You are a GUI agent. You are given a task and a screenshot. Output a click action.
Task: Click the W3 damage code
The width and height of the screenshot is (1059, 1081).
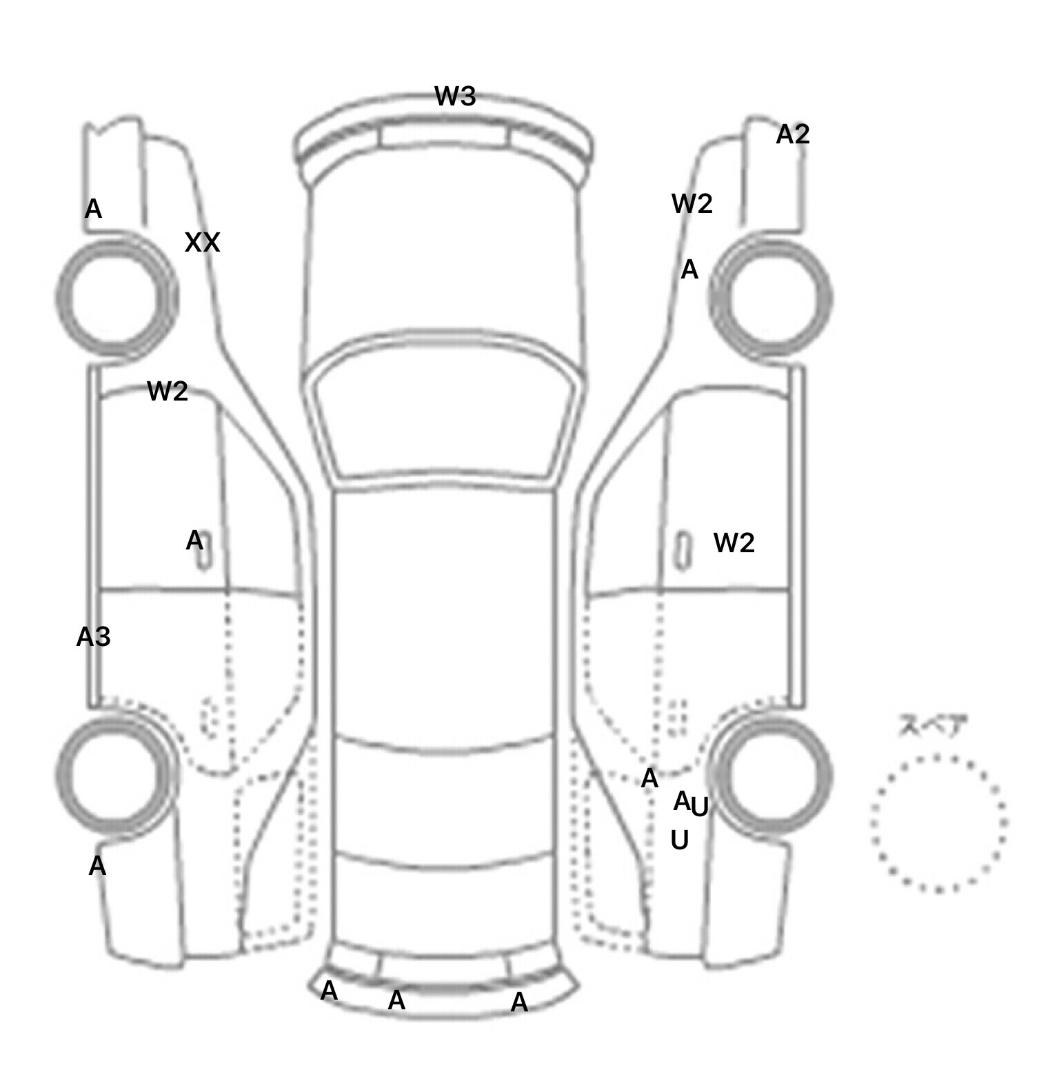click(455, 97)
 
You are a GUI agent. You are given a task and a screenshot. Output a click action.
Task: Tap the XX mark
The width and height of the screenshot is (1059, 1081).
click(202, 243)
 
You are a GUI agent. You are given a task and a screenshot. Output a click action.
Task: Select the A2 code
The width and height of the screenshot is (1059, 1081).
click(792, 134)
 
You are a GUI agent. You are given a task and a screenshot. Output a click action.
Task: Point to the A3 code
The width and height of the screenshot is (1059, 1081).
click(93, 638)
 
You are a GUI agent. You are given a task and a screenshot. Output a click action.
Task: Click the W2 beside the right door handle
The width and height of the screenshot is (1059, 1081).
click(734, 543)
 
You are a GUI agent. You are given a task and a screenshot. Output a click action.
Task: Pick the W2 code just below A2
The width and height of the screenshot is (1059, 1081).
click(692, 204)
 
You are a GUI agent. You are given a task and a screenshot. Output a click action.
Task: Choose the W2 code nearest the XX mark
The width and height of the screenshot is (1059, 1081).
click(168, 392)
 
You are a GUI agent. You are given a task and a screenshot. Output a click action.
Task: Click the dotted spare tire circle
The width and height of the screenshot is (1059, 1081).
click(938, 823)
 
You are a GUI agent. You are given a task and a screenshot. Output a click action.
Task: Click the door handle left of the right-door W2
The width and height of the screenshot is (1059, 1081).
click(683, 549)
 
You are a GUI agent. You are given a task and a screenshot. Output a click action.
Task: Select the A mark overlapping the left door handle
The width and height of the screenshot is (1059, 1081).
click(194, 541)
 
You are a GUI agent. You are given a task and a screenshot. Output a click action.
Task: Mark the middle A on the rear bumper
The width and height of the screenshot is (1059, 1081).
click(396, 1000)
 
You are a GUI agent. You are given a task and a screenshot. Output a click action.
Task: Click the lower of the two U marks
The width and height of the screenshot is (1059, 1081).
click(679, 841)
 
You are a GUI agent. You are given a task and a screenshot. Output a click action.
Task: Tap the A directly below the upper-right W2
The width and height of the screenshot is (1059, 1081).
click(689, 270)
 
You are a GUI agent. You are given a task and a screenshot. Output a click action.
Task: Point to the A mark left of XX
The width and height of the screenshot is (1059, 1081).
click(93, 209)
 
